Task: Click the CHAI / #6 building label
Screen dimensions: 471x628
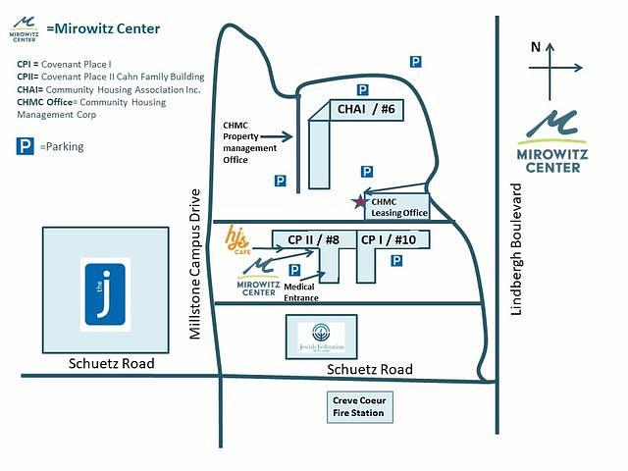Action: coord(366,109)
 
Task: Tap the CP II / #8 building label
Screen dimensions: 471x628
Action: coord(313,238)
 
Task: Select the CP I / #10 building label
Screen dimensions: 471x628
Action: coord(389,238)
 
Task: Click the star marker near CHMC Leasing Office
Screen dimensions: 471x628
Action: coord(359,202)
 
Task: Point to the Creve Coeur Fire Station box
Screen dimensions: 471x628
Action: coord(361,407)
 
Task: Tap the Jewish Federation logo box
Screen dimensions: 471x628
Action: coord(321,339)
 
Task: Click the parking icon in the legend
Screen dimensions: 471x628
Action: coord(26,146)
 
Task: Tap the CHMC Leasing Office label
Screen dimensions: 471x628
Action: coord(399,207)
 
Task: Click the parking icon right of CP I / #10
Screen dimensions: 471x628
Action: coord(396,260)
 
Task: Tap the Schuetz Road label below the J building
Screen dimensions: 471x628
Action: coord(112,364)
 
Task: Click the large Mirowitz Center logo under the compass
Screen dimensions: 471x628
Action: coord(550,142)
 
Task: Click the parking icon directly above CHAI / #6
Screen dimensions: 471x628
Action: coord(362,88)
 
